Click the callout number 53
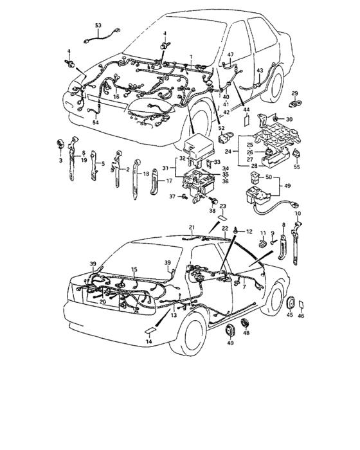(98, 25)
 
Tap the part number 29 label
(295, 94)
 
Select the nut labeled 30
(274, 120)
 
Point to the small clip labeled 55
(297, 154)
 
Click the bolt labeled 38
(212, 203)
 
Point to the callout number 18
(145, 174)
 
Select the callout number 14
(150, 342)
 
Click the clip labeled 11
(262, 244)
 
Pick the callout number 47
(230, 55)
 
